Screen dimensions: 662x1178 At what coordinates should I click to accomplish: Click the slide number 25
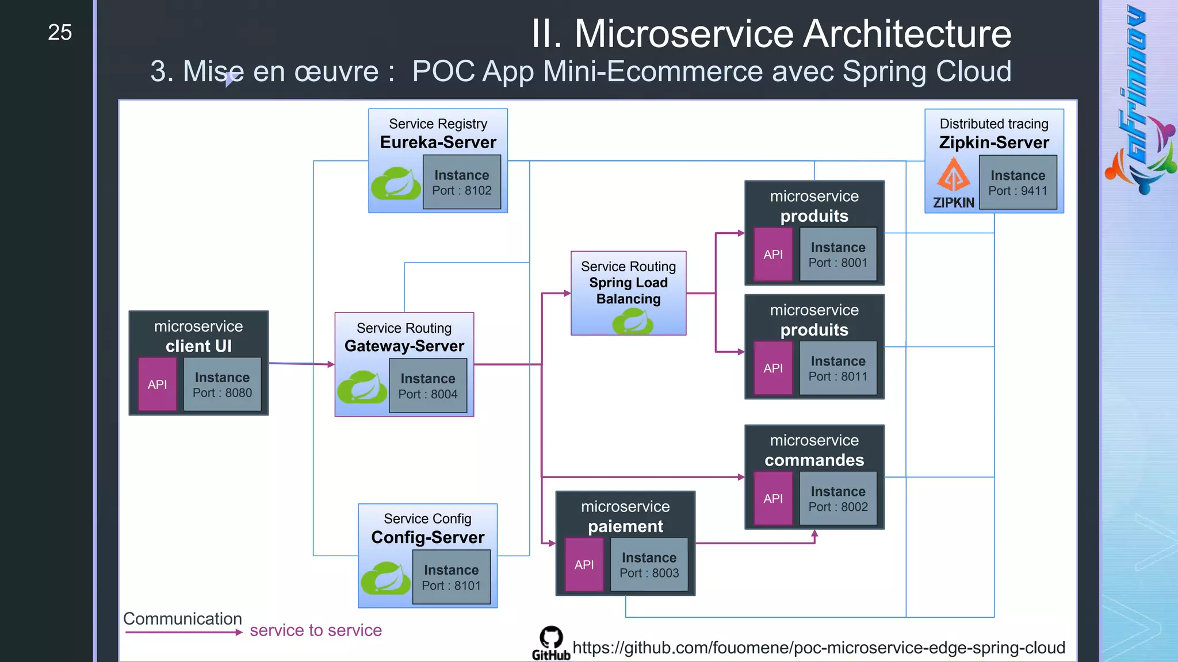(60, 33)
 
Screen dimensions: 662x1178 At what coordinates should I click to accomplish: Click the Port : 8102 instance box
(462, 182)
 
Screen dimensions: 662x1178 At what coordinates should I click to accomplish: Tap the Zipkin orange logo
(953, 175)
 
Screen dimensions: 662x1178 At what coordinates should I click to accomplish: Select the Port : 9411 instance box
(1018, 182)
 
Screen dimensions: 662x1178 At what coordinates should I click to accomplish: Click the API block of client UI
(157, 384)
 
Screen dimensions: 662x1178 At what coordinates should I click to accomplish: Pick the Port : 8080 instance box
(222, 384)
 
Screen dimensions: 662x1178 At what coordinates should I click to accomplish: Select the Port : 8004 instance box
(428, 386)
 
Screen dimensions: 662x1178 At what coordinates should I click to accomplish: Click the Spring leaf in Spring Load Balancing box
(633, 321)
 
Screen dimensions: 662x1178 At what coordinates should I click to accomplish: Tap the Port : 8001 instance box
(837, 254)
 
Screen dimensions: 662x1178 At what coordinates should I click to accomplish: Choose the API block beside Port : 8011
(772, 368)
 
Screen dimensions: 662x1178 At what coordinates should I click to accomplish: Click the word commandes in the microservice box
(814, 460)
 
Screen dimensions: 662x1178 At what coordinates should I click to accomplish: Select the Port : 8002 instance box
(837, 498)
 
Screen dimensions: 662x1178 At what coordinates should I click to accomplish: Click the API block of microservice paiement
(584, 565)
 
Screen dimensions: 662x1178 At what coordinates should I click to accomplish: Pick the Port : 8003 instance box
(649, 564)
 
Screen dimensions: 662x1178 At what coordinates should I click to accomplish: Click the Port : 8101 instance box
(451, 577)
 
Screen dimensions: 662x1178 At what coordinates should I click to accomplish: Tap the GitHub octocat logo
(551, 638)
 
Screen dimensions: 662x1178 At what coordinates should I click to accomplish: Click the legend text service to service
(316, 630)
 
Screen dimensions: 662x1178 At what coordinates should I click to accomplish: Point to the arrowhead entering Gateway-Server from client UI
(331, 364)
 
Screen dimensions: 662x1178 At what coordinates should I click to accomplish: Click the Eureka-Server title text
(438, 143)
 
